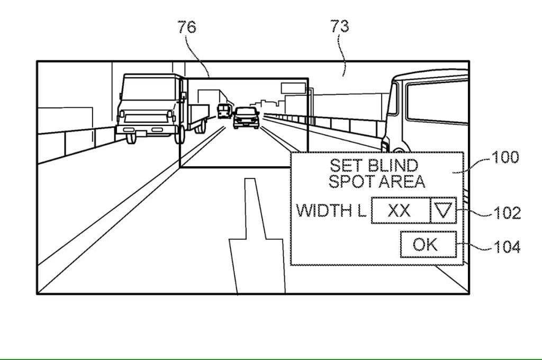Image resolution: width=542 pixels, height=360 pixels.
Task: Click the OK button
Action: coord(428,245)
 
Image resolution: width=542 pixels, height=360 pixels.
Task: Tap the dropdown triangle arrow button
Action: coord(443,211)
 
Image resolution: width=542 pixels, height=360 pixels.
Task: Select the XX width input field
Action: coord(400,211)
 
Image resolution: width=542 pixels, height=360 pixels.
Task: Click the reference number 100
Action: coord(505,158)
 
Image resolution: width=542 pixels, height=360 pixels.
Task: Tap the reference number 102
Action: coord(507,213)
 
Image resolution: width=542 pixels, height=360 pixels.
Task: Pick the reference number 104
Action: coord(507,247)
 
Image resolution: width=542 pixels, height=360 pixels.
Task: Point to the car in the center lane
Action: coord(246,118)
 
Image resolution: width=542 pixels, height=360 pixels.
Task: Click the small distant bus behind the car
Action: coord(223,111)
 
